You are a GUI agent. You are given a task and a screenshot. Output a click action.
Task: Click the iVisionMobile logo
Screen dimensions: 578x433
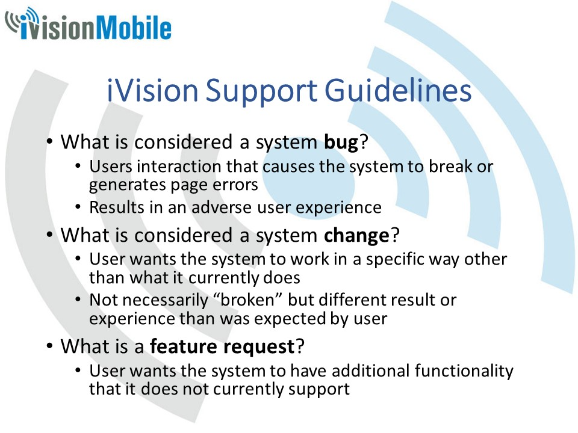tap(88, 24)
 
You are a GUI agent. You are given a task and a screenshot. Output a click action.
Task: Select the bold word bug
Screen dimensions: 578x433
tap(341, 143)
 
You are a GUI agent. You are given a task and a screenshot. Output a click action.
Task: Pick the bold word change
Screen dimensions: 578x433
tap(356, 236)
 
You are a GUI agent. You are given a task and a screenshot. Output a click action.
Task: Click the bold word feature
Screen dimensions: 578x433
tap(183, 346)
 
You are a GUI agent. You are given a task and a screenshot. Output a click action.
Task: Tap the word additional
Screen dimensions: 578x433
tap(371, 370)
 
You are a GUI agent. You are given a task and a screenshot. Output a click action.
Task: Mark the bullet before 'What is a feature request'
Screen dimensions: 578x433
tap(50, 346)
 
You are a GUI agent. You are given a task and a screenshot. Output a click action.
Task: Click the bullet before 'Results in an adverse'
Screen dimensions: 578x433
tap(78, 207)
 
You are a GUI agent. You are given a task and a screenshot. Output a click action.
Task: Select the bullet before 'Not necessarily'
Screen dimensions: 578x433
tap(78, 299)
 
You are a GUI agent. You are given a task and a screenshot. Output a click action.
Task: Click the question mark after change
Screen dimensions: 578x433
tap(395, 235)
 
